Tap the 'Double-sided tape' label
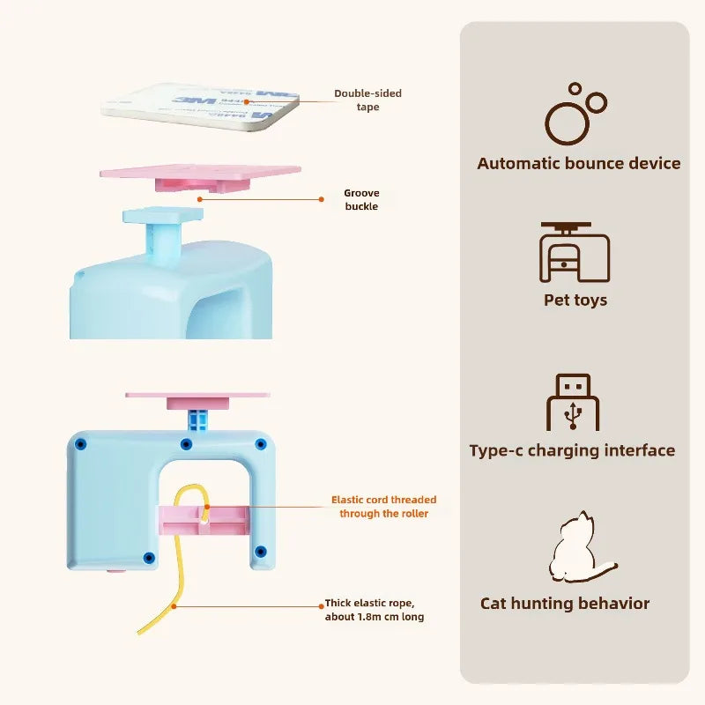click(367, 100)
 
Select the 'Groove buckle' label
click(361, 199)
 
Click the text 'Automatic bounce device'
click(579, 163)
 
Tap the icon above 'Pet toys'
click(575, 253)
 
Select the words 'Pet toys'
click(575, 300)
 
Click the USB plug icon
click(573, 403)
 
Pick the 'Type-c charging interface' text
click(572, 450)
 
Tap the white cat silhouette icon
click(578, 546)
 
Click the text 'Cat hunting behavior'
click(565, 604)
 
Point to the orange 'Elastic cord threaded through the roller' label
click(383, 506)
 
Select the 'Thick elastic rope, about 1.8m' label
click(375, 610)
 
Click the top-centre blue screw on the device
click(186, 443)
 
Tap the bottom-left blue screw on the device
click(149, 557)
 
